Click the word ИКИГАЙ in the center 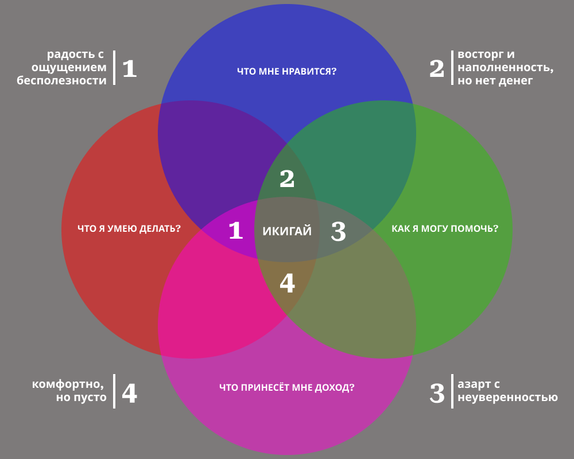(287, 231)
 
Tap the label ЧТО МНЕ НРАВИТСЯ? (286, 72)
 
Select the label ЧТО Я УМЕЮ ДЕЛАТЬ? (129, 228)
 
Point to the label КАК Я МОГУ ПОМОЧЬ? (445, 228)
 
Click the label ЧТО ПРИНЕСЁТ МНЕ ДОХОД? (286, 387)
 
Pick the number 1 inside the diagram (236, 231)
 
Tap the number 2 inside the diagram (287, 179)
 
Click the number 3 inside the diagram (339, 231)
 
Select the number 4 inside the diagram (287, 283)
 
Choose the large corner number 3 (437, 393)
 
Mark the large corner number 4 (130, 393)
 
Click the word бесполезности (61, 81)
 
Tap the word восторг (479, 55)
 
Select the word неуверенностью (507, 397)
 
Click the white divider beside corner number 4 (114, 391)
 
